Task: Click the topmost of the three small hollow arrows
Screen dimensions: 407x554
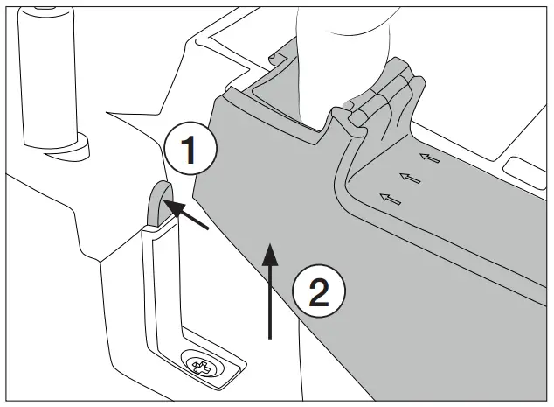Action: pos(428,158)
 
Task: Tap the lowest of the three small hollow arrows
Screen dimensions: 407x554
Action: pos(391,198)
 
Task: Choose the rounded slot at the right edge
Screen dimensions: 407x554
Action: pos(527,166)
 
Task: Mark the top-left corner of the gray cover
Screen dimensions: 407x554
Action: pos(216,97)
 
